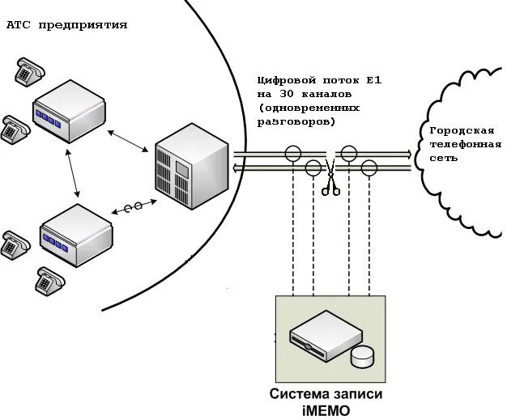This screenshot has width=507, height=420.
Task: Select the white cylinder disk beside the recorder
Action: [x=362, y=357]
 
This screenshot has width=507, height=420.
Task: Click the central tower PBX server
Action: [x=192, y=166]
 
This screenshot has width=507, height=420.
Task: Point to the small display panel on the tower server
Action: [x=183, y=168]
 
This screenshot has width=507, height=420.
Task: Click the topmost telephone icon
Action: [x=30, y=72]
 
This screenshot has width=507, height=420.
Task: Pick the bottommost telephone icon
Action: [x=49, y=281]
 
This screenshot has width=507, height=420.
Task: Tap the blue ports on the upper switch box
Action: [x=48, y=119]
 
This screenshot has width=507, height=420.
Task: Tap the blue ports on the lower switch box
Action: [x=56, y=244]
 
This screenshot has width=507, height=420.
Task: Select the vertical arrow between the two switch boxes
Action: [x=72, y=173]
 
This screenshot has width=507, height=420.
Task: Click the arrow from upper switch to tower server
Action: [x=128, y=141]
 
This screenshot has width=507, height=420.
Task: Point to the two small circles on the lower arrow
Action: [x=133, y=207]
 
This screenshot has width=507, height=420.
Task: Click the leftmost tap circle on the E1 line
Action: [x=293, y=153]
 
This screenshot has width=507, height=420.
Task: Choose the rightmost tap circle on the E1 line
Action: [x=369, y=168]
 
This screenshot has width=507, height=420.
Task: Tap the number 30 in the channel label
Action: [x=286, y=95]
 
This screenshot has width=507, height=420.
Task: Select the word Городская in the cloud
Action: [x=462, y=131]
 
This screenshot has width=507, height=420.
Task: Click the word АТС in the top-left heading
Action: [x=19, y=25]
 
